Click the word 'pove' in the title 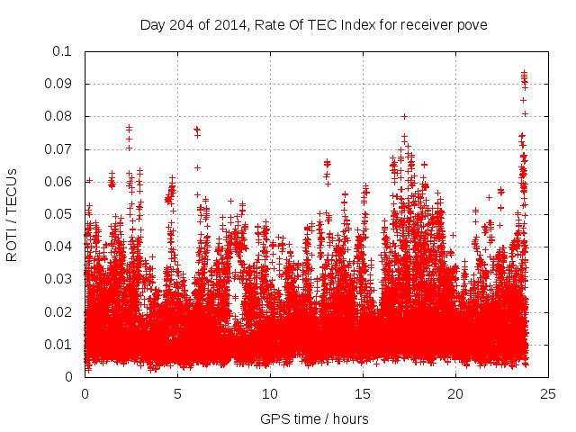click(472, 25)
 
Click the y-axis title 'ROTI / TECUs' click(13, 214)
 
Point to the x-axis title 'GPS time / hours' click(315, 418)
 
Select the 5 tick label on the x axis click(178, 393)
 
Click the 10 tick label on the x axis click(271, 393)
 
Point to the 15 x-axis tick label click(364, 393)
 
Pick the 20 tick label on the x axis click(456, 393)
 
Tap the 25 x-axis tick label click(549, 393)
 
